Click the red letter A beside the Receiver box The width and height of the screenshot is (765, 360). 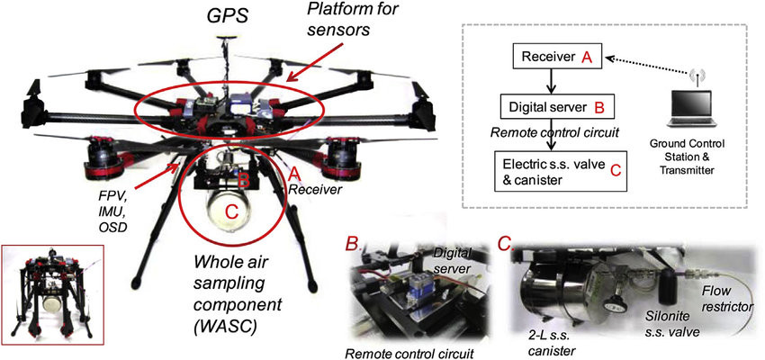tap(586, 58)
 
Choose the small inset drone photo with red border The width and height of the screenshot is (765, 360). tap(53, 292)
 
